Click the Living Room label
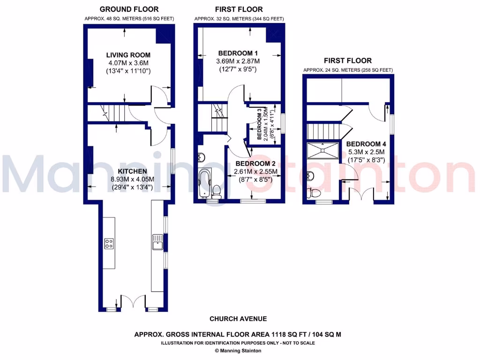(128, 55)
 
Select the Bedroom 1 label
(238, 52)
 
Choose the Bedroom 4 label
(365, 144)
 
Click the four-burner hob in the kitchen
(109, 243)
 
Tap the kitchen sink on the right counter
(157, 242)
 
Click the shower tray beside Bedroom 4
(322, 150)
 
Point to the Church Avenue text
(238, 319)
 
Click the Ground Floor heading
(129, 9)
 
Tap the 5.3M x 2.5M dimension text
(365, 152)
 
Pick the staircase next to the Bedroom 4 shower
(323, 131)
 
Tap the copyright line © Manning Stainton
(238, 350)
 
